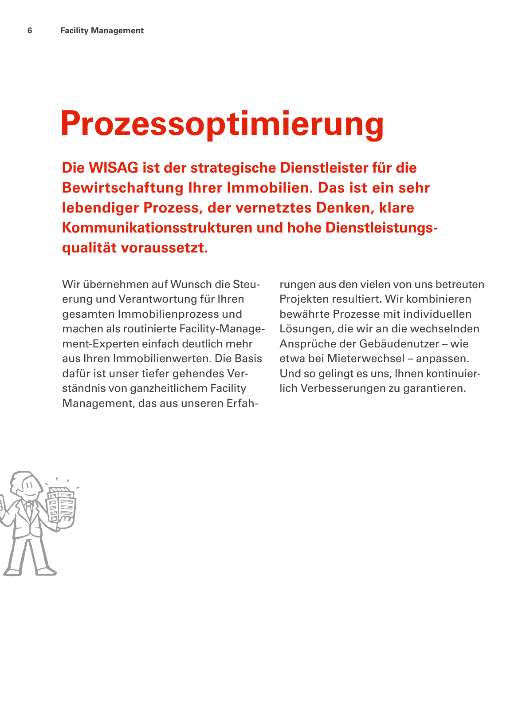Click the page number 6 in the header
(30, 31)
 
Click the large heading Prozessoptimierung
(222, 123)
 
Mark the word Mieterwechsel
(366, 359)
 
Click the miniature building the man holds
(61, 505)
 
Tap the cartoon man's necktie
(29, 510)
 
